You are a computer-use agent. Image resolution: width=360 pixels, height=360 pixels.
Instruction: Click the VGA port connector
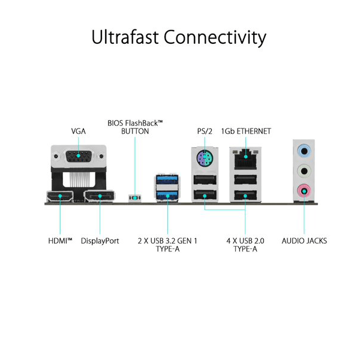(x=78, y=156)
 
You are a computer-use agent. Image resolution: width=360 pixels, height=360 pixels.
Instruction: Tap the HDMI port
(x=60, y=197)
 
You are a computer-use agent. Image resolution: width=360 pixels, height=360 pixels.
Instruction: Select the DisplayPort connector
(x=100, y=197)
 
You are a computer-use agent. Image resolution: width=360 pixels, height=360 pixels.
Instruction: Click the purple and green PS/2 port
(x=205, y=158)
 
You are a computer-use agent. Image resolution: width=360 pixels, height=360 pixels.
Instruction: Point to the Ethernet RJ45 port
(x=245, y=159)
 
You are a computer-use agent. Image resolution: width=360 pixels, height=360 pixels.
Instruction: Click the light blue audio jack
(x=304, y=151)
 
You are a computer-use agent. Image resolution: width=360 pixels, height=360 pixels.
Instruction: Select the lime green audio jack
(x=304, y=171)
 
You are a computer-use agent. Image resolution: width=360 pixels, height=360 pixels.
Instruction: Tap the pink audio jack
(x=304, y=191)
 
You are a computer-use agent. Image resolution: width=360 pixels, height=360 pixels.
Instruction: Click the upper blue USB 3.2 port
(x=167, y=179)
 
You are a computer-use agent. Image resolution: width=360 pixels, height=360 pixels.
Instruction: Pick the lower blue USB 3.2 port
(x=167, y=196)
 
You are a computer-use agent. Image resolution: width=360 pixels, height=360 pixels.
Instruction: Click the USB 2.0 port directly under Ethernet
(x=245, y=179)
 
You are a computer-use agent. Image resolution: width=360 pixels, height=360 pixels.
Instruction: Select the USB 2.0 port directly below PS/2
(x=205, y=180)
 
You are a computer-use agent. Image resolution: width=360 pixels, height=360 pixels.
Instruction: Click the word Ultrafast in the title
(x=125, y=37)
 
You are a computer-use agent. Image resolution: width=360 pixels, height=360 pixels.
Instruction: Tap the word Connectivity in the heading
(x=215, y=38)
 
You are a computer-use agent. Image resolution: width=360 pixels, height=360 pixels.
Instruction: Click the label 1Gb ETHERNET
(x=246, y=131)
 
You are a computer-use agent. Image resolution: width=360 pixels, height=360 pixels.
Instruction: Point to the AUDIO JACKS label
(x=304, y=241)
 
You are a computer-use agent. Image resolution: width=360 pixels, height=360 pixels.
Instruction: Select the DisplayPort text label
(x=100, y=241)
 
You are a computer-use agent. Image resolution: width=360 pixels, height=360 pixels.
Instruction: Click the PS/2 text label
(x=205, y=131)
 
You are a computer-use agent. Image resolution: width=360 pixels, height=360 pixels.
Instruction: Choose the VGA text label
(x=78, y=131)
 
